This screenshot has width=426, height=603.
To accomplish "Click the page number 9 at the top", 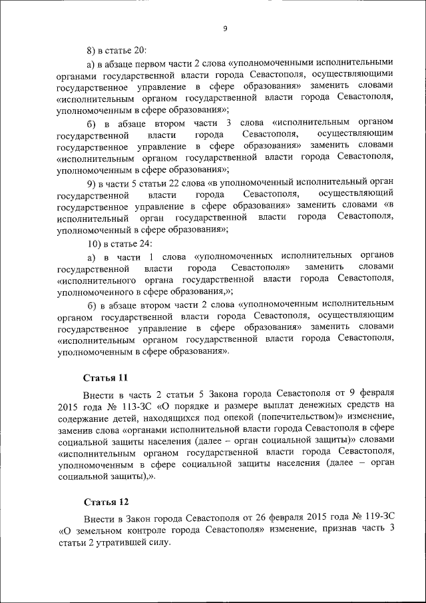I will [x=225, y=28].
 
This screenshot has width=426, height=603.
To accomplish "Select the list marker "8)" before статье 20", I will [x=93, y=51].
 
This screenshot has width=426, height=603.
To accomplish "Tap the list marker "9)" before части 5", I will [x=93, y=183].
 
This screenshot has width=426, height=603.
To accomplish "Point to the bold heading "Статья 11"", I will [x=105, y=377].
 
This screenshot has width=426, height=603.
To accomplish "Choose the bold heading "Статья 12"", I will [x=105, y=500].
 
